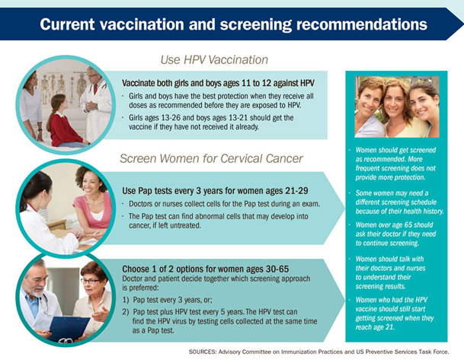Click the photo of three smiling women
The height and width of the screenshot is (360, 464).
pos(396,107)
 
